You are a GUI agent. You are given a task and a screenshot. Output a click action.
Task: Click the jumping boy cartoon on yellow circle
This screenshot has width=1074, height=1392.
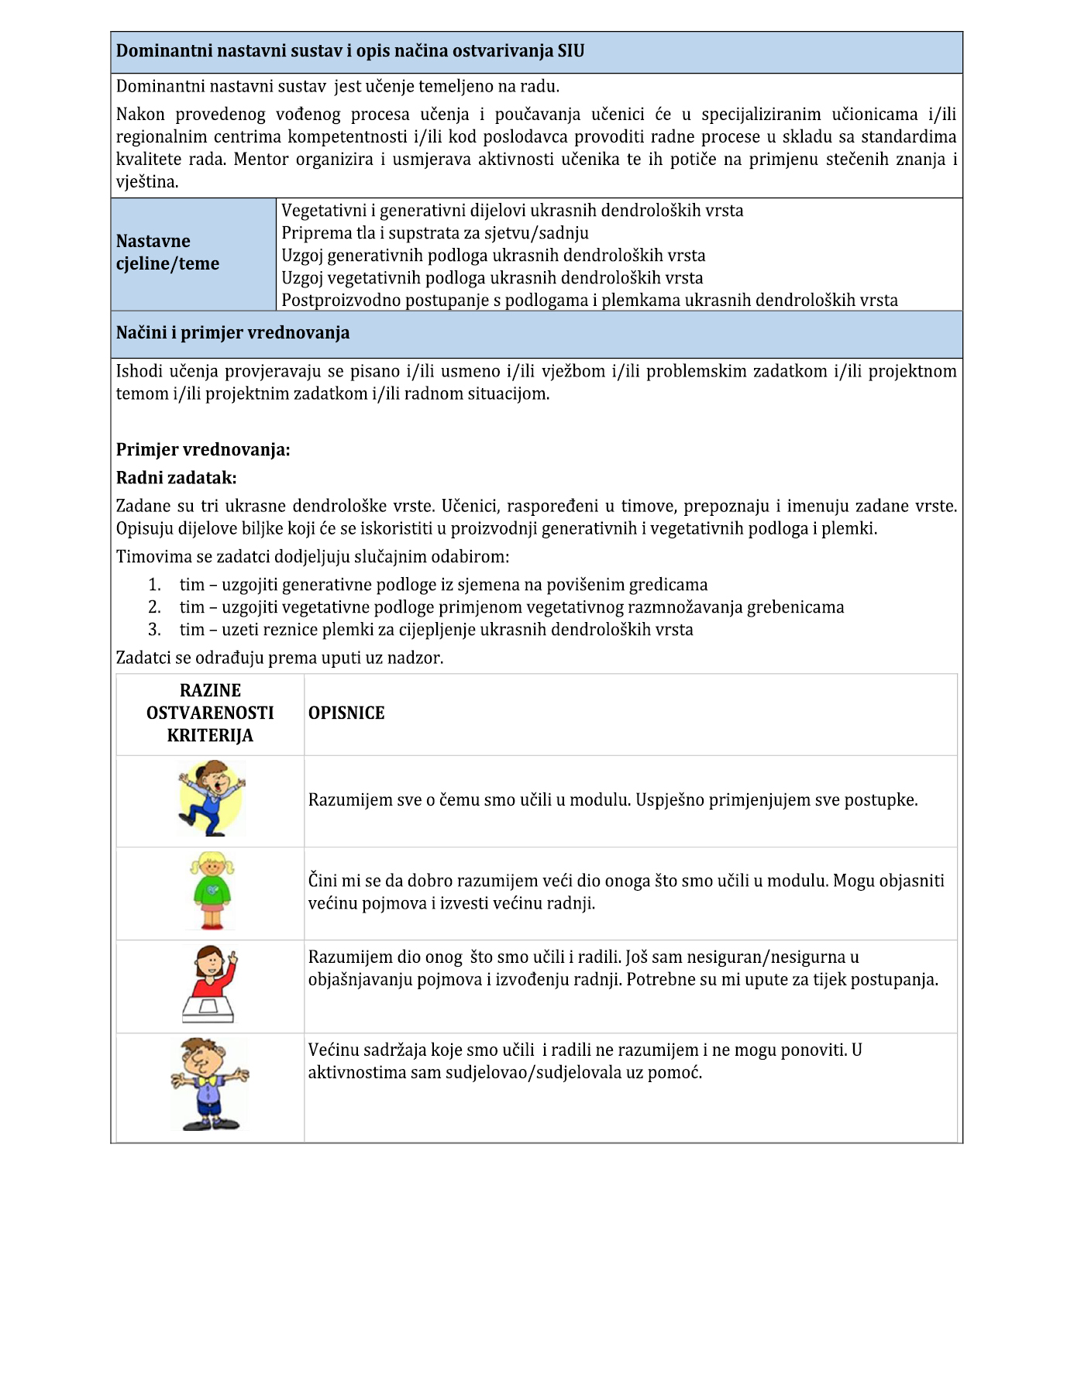pos(211,798)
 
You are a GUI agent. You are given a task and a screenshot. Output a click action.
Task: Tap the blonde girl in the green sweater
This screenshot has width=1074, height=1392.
pos(211,891)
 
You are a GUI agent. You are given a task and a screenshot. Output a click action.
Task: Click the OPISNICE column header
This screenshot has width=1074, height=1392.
pos(346,713)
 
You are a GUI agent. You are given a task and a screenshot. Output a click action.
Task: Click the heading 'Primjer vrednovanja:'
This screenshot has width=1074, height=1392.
pos(203,450)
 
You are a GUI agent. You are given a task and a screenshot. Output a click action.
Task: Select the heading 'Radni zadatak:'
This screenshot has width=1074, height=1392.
pos(176,478)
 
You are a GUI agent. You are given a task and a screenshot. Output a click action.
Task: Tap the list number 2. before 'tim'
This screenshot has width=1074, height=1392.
pos(155,607)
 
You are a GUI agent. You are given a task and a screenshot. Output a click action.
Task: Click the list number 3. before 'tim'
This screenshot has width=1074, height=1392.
pos(155,630)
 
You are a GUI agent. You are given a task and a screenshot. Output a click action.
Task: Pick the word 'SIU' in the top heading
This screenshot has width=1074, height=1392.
pos(571,51)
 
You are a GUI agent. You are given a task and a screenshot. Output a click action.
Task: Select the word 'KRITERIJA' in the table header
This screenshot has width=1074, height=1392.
pos(210,736)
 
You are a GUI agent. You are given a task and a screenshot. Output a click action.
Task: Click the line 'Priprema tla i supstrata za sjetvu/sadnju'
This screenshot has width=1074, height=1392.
pos(435,233)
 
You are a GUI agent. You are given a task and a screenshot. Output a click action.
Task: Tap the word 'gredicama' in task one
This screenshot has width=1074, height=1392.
pos(669,585)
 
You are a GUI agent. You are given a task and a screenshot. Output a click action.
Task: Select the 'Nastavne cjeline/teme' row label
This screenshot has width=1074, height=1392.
pos(167,253)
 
